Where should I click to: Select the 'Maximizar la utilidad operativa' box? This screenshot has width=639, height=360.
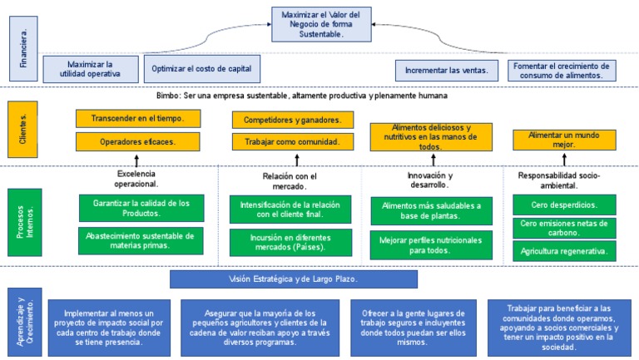[x=90, y=68]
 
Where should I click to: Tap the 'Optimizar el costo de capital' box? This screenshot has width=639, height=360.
[x=202, y=67]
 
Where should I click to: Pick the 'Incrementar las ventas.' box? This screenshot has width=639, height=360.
[x=446, y=71]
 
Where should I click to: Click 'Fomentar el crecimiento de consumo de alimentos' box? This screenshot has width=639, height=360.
[x=562, y=71]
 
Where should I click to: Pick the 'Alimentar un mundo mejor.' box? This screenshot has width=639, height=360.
[x=564, y=140]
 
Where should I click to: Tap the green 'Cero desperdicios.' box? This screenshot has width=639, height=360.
[x=564, y=205]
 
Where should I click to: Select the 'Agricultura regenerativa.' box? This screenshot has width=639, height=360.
[x=564, y=250]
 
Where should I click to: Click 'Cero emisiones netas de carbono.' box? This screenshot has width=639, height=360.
[x=564, y=228]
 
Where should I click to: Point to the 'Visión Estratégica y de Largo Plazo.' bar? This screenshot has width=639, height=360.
[x=294, y=279]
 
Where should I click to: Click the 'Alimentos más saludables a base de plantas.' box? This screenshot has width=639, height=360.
[x=431, y=210]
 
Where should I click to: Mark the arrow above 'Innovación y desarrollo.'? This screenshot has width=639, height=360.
[x=430, y=160]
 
